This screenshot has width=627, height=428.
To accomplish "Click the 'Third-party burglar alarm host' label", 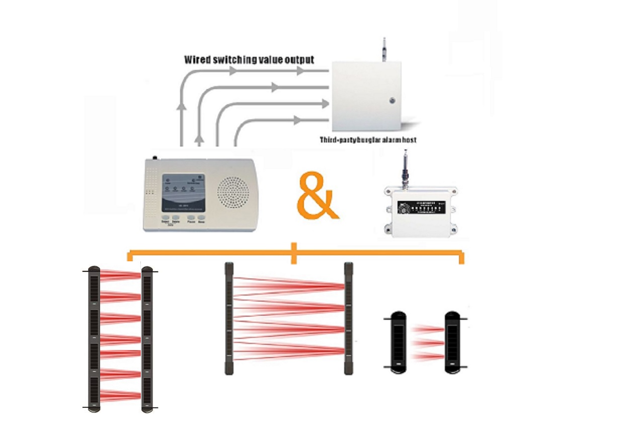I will (x=368, y=140).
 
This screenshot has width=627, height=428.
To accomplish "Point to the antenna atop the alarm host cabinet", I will (x=383, y=48).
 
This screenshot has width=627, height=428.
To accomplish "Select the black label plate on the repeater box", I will (x=421, y=207).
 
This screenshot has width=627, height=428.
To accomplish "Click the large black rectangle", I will (x=197, y=327).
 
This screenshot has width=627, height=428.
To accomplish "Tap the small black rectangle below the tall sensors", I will (x=117, y=411).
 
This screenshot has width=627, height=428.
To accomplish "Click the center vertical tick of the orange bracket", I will (x=294, y=253).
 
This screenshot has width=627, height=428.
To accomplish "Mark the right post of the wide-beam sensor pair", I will (x=348, y=318).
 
